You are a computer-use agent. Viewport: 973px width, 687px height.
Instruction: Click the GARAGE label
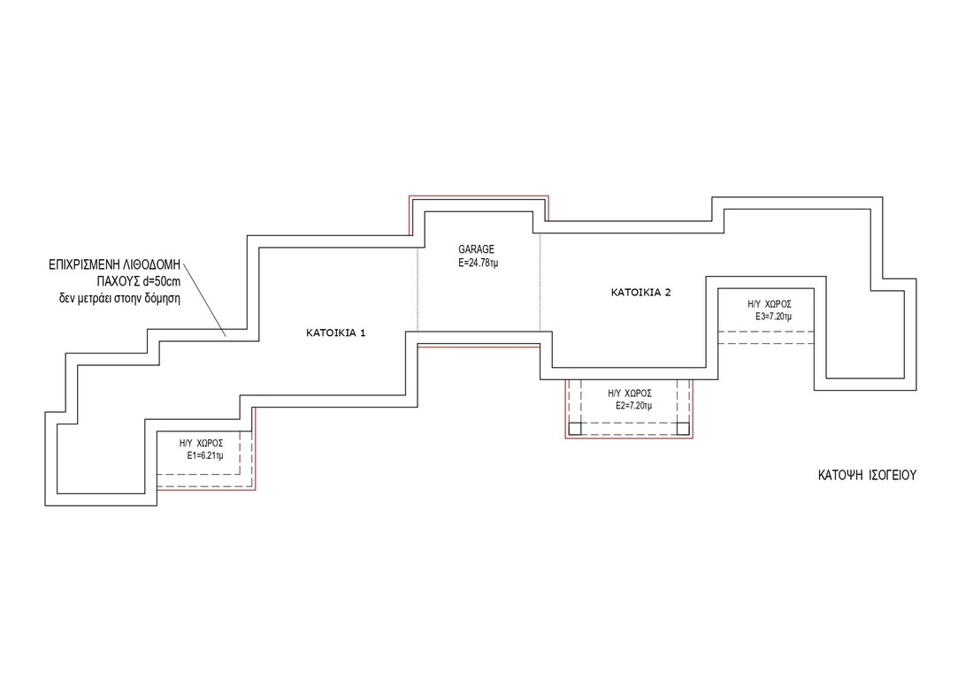pos(476,249)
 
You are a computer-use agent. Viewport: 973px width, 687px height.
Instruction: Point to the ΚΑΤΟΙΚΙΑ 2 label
pos(641,291)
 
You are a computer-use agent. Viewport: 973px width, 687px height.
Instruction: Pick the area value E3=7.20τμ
pos(772,316)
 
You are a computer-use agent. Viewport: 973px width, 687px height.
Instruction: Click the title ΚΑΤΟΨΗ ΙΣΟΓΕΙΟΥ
pos(866,475)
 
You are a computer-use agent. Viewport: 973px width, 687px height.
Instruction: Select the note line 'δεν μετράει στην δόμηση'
pos(114,299)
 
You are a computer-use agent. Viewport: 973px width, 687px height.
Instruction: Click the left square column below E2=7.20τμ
pos(574,429)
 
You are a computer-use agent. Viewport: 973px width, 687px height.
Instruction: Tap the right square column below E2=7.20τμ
pos(683,429)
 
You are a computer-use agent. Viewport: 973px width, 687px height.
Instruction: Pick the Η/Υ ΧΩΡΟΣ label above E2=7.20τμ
pos(630,393)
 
